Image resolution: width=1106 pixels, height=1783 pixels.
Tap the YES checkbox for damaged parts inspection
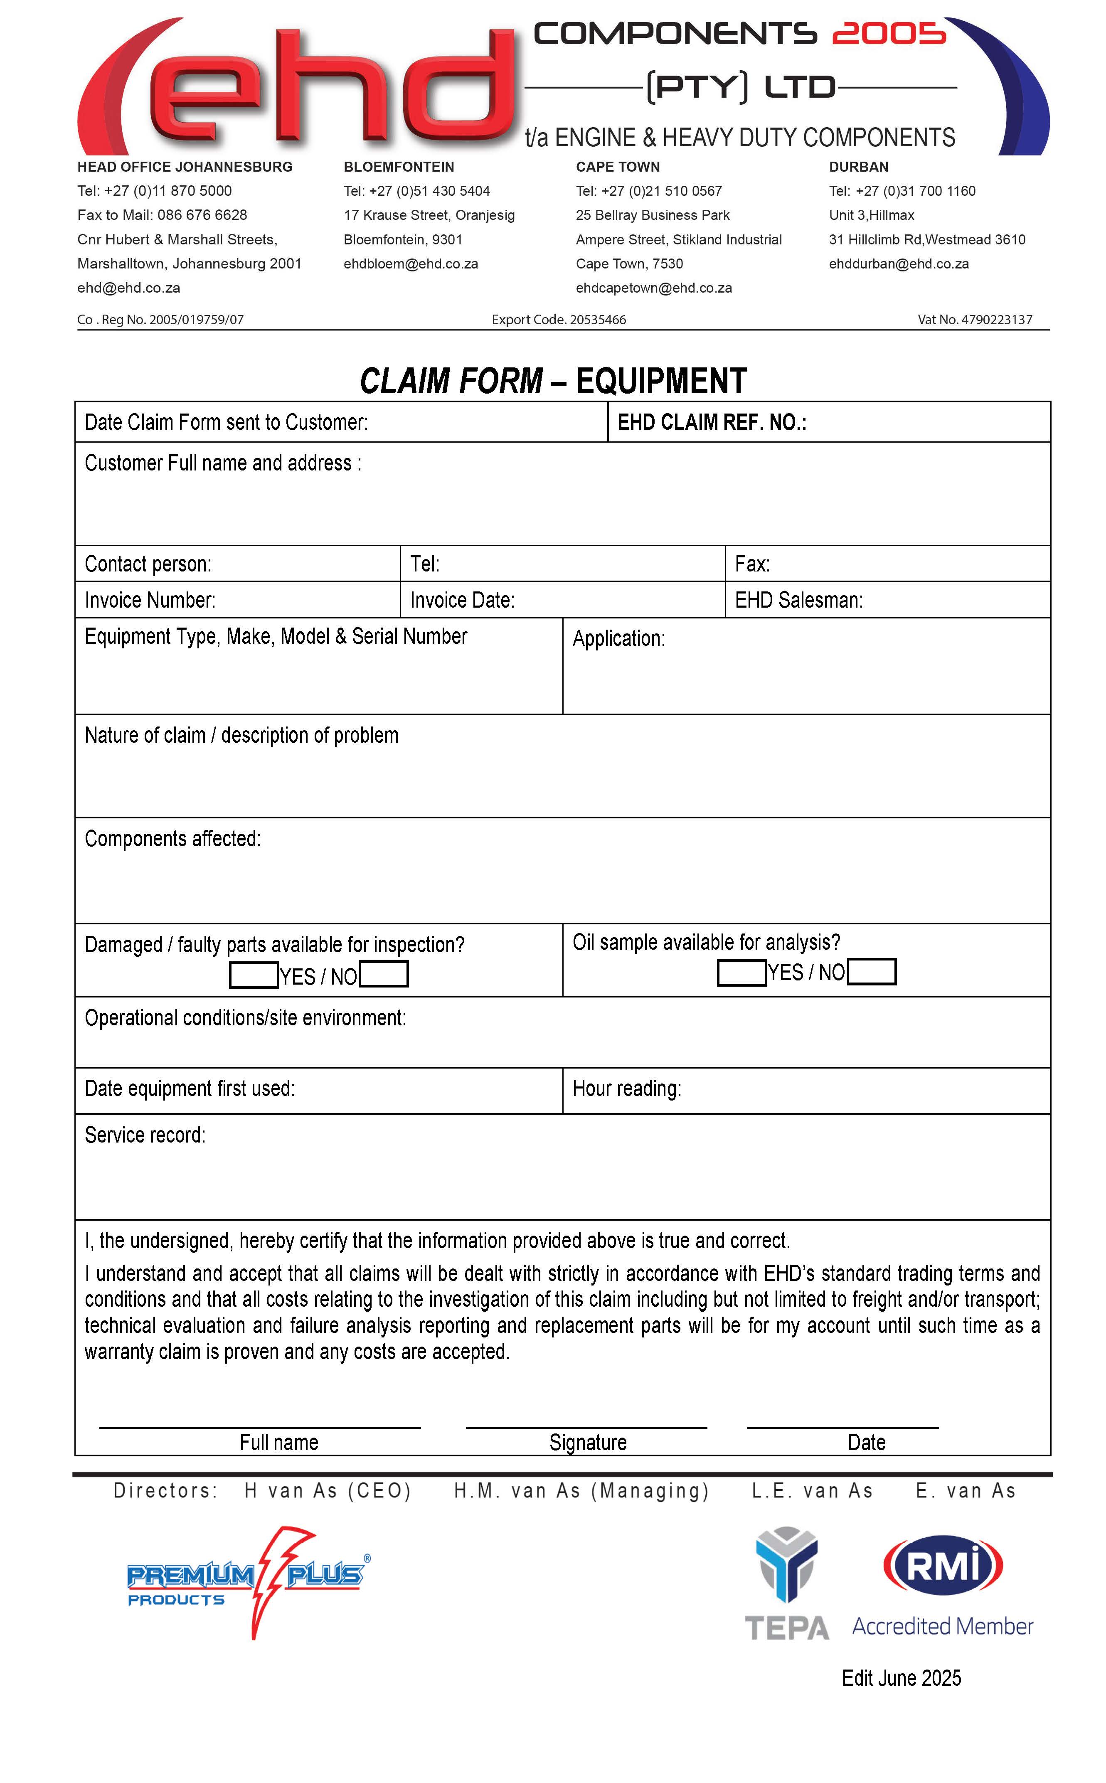pos(253,975)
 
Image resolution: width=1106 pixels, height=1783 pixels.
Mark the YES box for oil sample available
pos(741,972)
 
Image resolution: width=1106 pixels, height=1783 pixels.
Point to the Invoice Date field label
pos(462,601)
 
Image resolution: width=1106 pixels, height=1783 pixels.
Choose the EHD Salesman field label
pos(799,601)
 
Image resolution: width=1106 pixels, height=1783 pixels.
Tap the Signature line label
pos(587,1442)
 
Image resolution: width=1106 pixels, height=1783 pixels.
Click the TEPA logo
pos(786,1584)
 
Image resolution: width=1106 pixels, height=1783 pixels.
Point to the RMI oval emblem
pos(943,1565)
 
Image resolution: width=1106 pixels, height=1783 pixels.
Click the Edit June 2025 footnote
pos(901,1678)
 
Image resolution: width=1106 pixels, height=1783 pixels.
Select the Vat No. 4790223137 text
pos(974,320)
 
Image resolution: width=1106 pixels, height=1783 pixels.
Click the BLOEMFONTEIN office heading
pos(399,167)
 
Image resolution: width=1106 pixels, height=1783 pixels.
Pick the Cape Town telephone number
pos(649,191)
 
